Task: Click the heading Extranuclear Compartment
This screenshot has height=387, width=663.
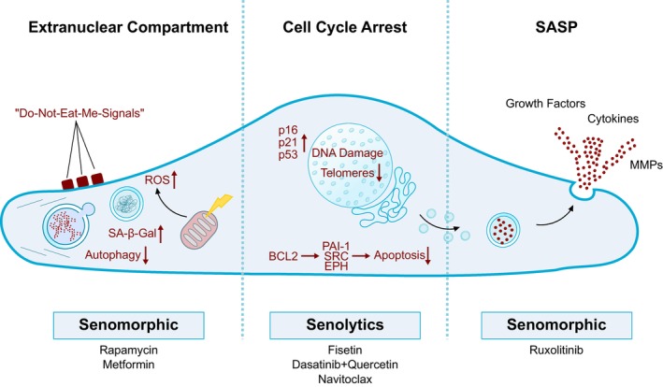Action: click(x=128, y=27)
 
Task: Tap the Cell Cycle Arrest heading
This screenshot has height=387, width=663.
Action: click(x=345, y=27)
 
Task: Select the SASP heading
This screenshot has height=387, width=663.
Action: click(x=556, y=27)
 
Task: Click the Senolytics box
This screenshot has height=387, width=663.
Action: click(x=345, y=325)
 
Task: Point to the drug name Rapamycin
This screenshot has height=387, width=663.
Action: click(x=128, y=351)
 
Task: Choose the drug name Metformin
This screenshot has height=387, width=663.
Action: click(x=128, y=365)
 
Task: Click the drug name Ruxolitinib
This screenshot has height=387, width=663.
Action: click(x=556, y=351)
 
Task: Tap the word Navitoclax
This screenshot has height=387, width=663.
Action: click(x=345, y=379)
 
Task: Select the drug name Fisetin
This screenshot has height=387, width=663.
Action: click(x=345, y=351)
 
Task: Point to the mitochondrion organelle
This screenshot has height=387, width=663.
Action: click(x=199, y=230)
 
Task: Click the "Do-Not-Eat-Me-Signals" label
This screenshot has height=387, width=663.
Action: click(x=79, y=113)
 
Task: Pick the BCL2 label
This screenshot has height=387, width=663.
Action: click(x=283, y=256)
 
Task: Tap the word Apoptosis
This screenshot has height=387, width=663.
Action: click(x=399, y=255)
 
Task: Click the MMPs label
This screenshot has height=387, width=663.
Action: click(x=645, y=165)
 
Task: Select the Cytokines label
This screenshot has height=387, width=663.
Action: click(x=613, y=119)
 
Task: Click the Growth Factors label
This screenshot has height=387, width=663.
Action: click(x=545, y=104)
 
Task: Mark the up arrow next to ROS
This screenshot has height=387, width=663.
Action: click(x=174, y=180)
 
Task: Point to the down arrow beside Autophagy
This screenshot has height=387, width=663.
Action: click(x=146, y=255)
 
